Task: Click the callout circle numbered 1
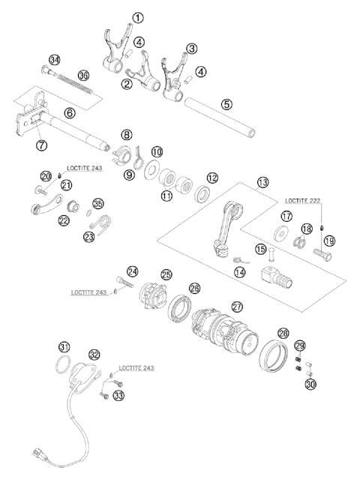137,16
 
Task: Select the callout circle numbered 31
65,346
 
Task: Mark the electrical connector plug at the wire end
39,454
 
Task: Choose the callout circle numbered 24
133,271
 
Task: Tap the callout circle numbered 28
283,332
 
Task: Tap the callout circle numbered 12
213,178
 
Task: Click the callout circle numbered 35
97,203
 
